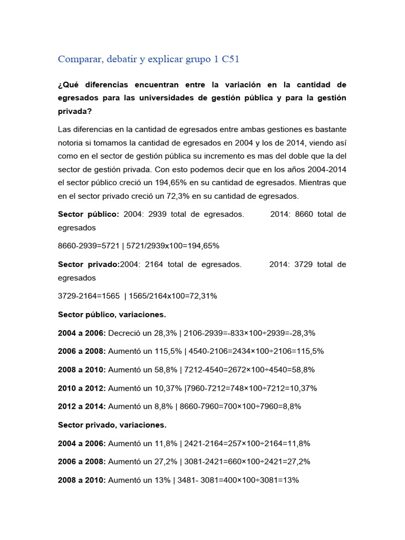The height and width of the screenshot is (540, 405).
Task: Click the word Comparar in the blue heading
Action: (x=80, y=59)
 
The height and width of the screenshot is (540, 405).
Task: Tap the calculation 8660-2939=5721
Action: (x=88, y=246)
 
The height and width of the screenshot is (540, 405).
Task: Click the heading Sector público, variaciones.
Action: (x=112, y=314)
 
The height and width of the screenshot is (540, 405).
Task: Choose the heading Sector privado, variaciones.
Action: (x=112, y=425)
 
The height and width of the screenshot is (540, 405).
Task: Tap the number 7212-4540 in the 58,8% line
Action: (x=202, y=370)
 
